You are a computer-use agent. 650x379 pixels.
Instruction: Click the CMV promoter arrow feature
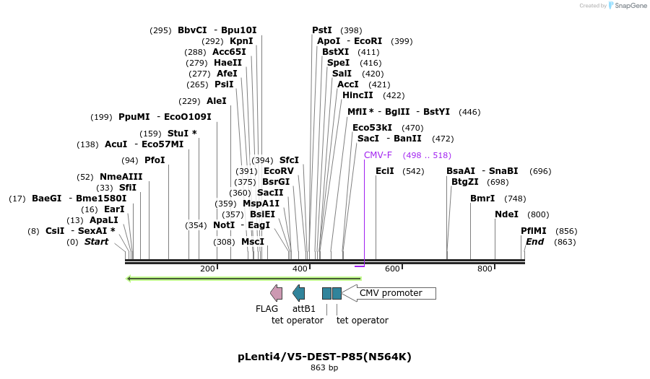pyautogui.click(x=390, y=293)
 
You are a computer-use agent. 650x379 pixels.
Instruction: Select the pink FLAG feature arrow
pyautogui.click(x=276, y=292)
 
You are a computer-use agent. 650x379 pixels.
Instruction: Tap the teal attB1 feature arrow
pyautogui.click(x=298, y=292)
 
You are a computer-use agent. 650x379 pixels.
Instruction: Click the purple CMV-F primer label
pyautogui.click(x=378, y=155)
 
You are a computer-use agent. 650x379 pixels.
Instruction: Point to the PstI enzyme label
pyautogui.click(x=322, y=30)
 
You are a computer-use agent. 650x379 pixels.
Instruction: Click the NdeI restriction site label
pyautogui.click(x=506, y=214)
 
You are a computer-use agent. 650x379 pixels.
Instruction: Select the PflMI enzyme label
pyautogui.click(x=534, y=231)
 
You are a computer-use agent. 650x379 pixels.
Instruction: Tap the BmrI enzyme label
pyautogui.click(x=482, y=199)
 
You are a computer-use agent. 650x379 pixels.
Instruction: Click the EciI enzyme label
pyautogui.click(x=385, y=171)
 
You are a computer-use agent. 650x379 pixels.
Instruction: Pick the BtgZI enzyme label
pyautogui.click(x=465, y=182)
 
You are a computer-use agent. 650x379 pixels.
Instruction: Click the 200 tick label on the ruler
pyautogui.click(x=208, y=269)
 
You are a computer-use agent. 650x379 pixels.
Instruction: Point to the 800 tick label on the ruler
pyautogui.click(x=485, y=269)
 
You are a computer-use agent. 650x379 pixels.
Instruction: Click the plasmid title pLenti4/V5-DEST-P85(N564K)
pyautogui.click(x=324, y=357)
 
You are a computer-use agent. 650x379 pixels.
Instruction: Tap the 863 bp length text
pyautogui.click(x=324, y=368)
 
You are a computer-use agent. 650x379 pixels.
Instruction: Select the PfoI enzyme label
pyautogui.click(x=155, y=160)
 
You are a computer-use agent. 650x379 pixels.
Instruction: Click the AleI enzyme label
pyautogui.click(x=217, y=101)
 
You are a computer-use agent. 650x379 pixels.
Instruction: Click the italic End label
pyautogui.click(x=534, y=242)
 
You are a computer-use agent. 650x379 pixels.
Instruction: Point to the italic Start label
pyautogui.click(x=96, y=242)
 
